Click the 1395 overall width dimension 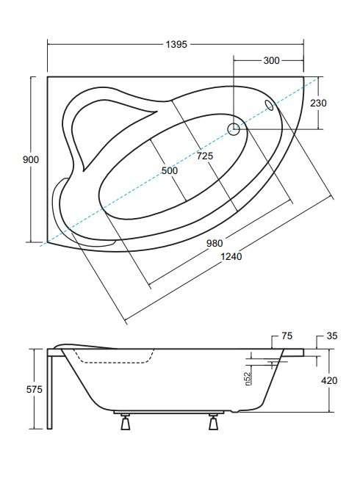tap(176, 44)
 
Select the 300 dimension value tap(271, 60)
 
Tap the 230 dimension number tap(318, 103)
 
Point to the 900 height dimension tap(31, 159)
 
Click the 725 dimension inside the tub tap(205, 156)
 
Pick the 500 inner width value tap(170, 170)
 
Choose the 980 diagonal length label tap(215, 243)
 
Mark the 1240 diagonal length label tap(231, 257)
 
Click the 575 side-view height tap(34, 389)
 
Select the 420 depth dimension tap(329, 380)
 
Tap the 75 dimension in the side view tap(287, 336)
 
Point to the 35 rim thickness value tap(332, 336)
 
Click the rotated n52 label tap(248, 379)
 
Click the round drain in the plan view tap(234, 129)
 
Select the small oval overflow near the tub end tap(269, 105)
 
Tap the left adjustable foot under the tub tap(126, 422)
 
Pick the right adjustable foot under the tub tap(213, 422)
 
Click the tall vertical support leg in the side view tap(50, 389)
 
